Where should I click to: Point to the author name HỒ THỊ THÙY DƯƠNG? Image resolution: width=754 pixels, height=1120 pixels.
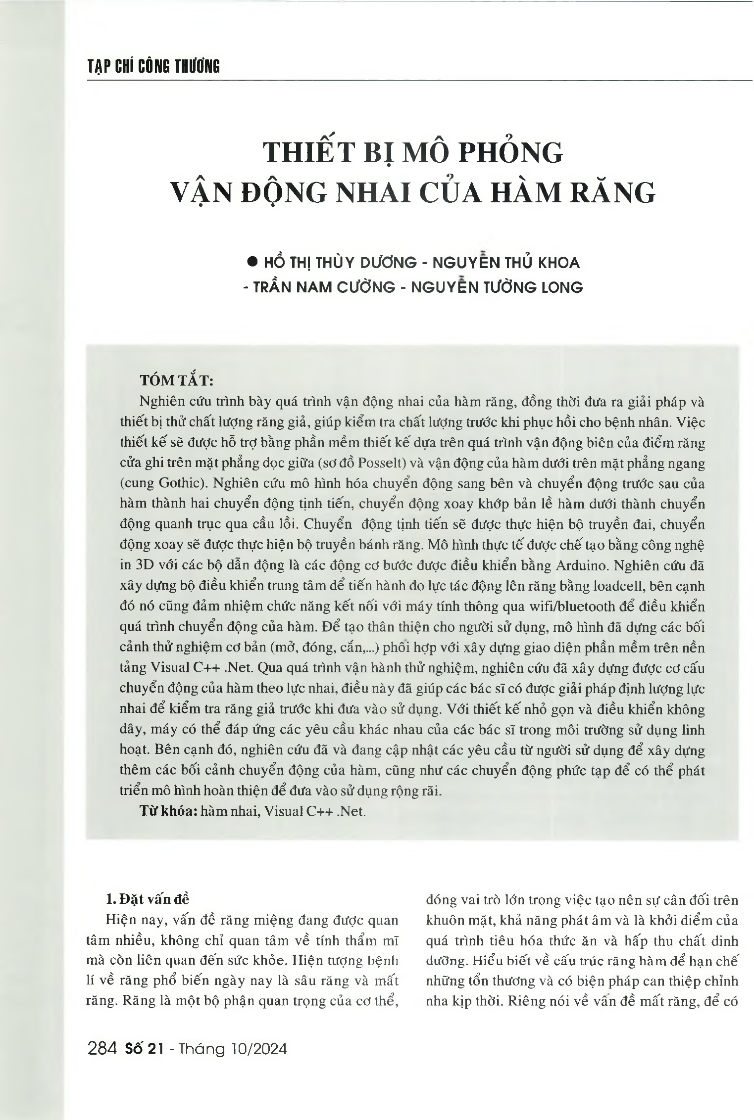click(x=340, y=262)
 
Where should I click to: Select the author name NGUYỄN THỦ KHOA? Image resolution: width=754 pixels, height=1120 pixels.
click(x=505, y=262)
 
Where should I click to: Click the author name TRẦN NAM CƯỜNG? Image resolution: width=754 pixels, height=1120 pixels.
click(x=324, y=287)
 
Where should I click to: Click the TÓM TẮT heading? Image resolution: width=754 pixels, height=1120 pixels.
click(x=177, y=380)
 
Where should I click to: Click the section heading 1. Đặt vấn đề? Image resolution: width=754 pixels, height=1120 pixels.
click(x=149, y=899)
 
